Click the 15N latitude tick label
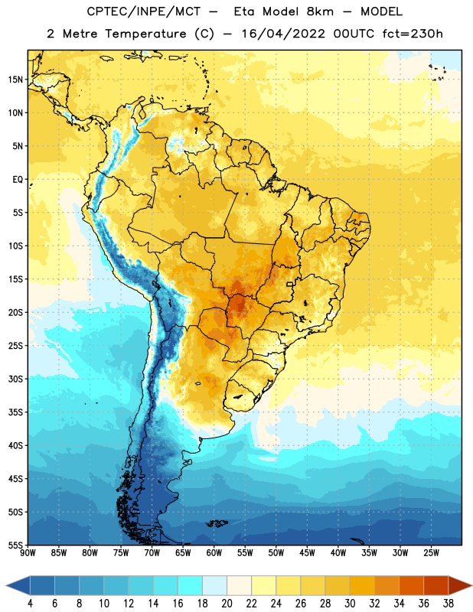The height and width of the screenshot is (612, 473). (x=15, y=80)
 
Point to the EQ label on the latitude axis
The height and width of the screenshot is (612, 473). (x=18, y=180)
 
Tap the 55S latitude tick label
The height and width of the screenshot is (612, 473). (x=15, y=545)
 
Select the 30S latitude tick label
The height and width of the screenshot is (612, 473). (x=15, y=379)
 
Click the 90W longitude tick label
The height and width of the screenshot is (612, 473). (x=28, y=552)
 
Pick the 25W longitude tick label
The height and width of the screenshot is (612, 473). (x=431, y=552)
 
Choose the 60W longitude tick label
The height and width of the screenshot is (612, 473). (x=214, y=552)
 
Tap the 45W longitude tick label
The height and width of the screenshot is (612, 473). (x=307, y=552)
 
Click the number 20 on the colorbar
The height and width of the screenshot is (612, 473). (x=227, y=604)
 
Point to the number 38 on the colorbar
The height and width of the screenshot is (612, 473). (x=449, y=604)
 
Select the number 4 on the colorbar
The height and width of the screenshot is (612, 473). (x=30, y=604)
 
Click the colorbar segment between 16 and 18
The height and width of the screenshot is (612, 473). (x=191, y=585)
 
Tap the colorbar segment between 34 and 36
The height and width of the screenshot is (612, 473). (x=412, y=585)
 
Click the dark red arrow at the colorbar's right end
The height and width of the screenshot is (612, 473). (x=459, y=585)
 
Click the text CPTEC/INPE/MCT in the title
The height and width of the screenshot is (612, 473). (x=143, y=11)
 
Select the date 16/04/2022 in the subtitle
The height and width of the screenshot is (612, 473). (x=283, y=34)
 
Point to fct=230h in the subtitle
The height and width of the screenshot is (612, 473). (x=413, y=34)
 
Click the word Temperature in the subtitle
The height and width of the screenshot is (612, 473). (x=145, y=34)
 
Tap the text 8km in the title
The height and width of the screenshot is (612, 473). (x=320, y=11)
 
